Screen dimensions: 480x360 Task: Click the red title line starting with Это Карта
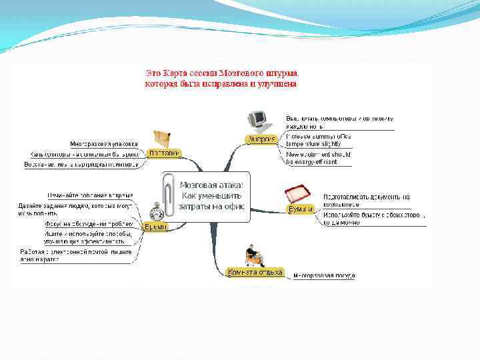click(223, 71)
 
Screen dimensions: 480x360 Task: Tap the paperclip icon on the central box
click(171, 193)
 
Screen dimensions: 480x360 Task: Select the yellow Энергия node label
click(261, 139)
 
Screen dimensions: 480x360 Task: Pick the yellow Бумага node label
click(301, 209)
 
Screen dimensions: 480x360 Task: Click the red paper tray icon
click(297, 195)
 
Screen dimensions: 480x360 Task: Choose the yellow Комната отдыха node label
click(255, 272)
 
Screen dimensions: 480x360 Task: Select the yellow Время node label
click(155, 227)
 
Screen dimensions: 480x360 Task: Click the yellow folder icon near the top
click(163, 138)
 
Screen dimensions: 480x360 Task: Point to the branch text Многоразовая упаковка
click(105, 143)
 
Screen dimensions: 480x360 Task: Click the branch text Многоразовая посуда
click(324, 275)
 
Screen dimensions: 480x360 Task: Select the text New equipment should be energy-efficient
click(318, 158)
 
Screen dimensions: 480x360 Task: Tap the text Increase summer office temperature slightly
click(318, 139)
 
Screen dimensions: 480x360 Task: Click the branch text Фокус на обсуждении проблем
click(89, 224)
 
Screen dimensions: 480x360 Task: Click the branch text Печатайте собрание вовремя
click(89, 195)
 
